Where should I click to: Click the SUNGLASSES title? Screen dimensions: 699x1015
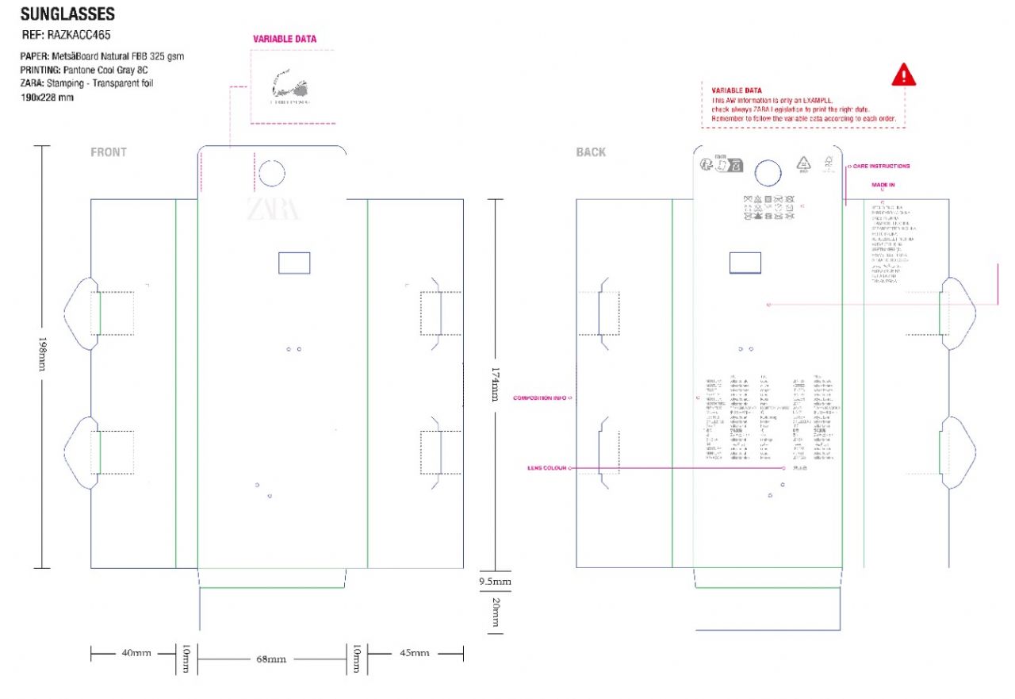[67, 14]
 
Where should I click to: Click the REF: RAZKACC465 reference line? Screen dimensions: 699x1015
[67, 36]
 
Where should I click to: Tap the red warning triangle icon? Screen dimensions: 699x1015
[903, 75]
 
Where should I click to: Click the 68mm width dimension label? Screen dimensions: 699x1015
[270, 659]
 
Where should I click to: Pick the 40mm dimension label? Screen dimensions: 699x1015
[135, 653]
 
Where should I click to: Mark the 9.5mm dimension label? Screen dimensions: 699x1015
[495, 582]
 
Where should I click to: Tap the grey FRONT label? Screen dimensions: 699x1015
[109, 152]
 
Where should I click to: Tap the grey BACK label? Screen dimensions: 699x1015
[591, 152]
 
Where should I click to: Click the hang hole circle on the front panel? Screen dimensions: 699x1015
[271, 174]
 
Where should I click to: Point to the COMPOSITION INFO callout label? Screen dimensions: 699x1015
[540, 398]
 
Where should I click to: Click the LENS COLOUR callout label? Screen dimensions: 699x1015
[546, 468]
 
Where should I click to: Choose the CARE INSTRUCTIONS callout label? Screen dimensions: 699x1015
[882, 167]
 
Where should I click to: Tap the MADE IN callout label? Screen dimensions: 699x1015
[883, 185]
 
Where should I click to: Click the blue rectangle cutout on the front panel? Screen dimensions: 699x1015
[294, 263]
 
